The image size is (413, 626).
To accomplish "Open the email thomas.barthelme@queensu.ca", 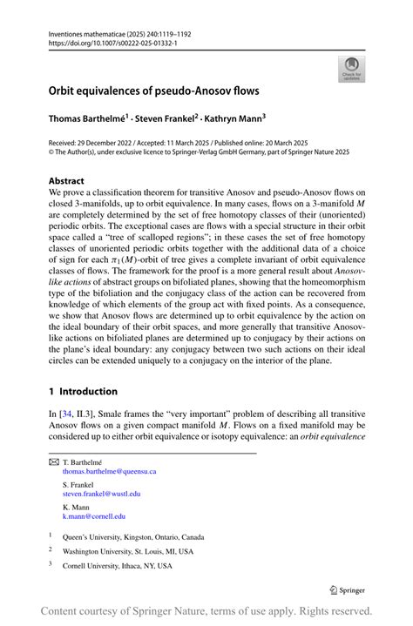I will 109,471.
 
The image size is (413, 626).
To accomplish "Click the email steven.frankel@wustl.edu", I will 101,494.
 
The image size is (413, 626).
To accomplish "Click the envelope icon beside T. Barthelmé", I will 53,461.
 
